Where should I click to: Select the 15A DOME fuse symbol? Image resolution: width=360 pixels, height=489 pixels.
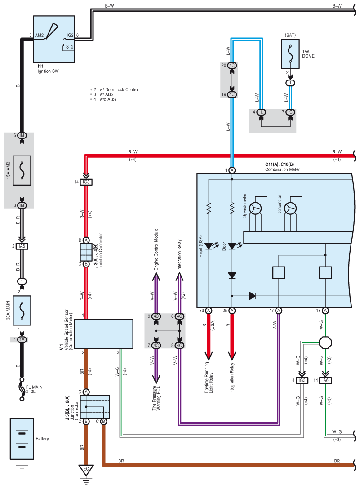point(290,52)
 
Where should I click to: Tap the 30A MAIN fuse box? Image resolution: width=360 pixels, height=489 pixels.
point(22,310)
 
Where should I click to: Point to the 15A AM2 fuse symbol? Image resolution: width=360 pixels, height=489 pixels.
point(22,170)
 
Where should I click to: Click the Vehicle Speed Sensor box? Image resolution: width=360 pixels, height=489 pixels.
point(103,333)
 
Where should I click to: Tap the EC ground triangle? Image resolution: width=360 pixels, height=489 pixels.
point(85,470)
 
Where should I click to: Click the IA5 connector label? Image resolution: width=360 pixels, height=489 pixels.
point(22,246)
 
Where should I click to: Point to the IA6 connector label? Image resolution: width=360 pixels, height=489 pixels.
point(325,380)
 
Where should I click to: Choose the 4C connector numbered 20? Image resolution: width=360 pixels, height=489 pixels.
point(232,66)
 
